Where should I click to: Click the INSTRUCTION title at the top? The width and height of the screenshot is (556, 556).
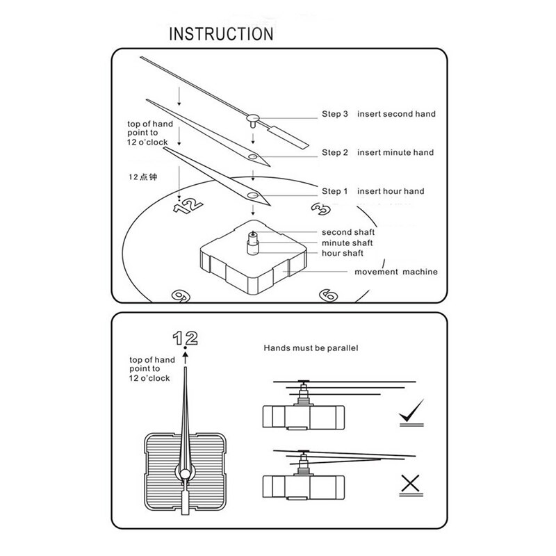coord(222,33)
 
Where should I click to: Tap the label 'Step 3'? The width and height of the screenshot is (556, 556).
coord(334,113)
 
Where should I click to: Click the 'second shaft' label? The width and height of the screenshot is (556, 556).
coord(348,231)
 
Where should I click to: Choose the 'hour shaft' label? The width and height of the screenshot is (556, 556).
coord(343,254)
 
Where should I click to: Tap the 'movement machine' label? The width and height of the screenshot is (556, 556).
coord(396,272)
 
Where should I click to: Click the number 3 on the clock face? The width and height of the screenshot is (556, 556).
coord(320,208)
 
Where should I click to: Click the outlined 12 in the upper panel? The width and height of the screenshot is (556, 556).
coord(188,204)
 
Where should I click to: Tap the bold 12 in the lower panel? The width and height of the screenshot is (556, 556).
coord(185,338)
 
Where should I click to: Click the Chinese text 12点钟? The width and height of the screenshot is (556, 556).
coord(142,177)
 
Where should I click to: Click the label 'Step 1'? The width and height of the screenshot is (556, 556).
coord(334,191)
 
